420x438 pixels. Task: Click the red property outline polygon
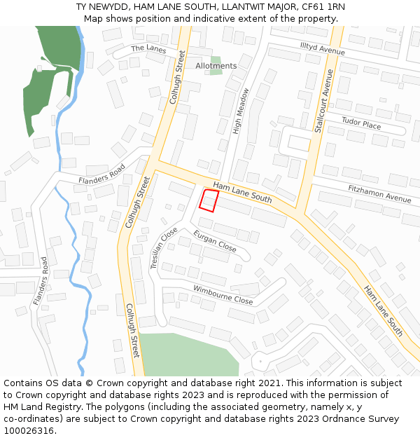(x=208, y=200)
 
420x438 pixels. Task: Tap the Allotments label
(x=216, y=66)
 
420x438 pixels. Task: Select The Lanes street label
(x=148, y=48)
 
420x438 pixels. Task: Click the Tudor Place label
(x=361, y=123)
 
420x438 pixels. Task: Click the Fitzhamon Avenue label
(x=379, y=193)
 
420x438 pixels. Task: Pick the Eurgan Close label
(x=215, y=241)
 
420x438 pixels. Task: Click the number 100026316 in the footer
(x=29, y=431)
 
